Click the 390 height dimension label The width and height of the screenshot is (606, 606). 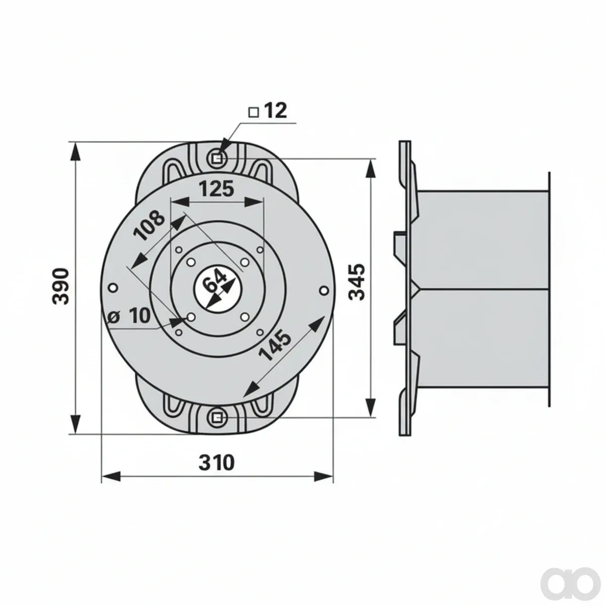pos(60,286)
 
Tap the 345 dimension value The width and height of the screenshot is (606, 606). pos(358,282)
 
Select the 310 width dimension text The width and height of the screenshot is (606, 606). pos(217,462)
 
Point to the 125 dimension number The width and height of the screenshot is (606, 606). pos(217,189)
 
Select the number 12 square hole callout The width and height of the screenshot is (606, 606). pos(276,111)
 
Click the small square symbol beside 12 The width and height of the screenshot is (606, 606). pos(254,112)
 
